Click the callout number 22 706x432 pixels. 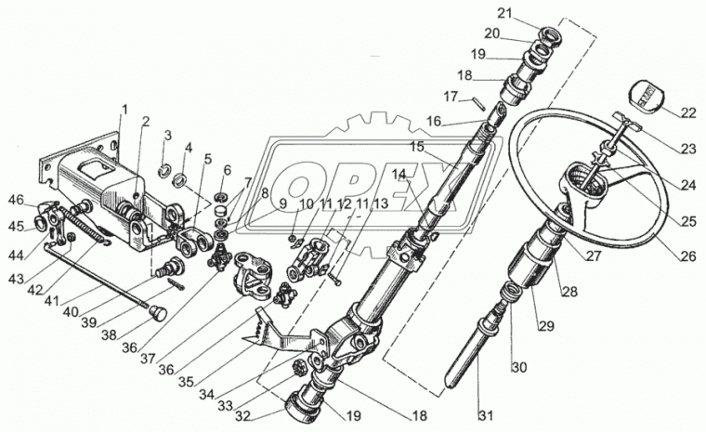(x=688, y=112)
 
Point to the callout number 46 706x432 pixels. (x=16, y=200)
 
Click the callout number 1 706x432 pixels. (x=124, y=110)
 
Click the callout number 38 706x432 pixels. (x=111, y=334)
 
